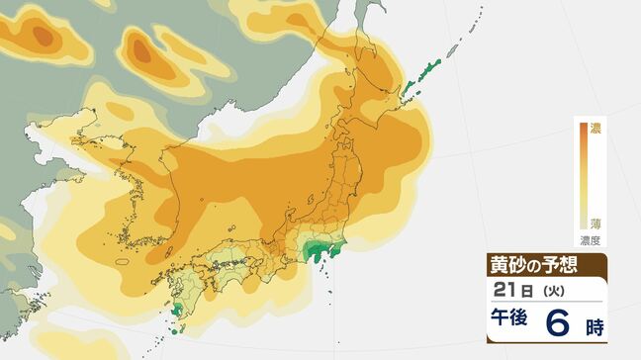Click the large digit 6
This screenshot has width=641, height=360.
(561, 320)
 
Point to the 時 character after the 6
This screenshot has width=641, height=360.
(595, 322)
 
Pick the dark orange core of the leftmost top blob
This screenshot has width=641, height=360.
(42, 36)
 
